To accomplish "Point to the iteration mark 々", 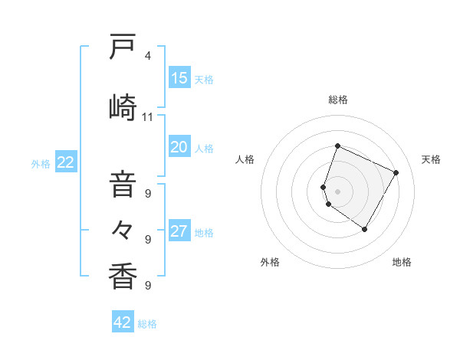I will (123, 228).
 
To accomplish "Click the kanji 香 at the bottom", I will (123, 275).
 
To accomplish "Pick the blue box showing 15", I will (179, 78).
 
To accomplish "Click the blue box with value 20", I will (179, 148).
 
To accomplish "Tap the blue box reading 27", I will (179, 232).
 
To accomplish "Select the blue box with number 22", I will (66, 162).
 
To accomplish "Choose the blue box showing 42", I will (123, 322).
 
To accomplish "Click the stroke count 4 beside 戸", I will (148, 56).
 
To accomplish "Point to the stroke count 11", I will (148, 117).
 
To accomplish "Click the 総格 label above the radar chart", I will (338, 100).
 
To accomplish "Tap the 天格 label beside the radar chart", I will (431, 159).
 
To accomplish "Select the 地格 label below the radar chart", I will (402, 262).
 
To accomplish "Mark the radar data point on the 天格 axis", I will (396, 173).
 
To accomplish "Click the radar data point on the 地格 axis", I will (365, 230).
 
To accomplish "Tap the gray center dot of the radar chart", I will (338, 191).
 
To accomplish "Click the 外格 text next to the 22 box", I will (41, 163).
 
